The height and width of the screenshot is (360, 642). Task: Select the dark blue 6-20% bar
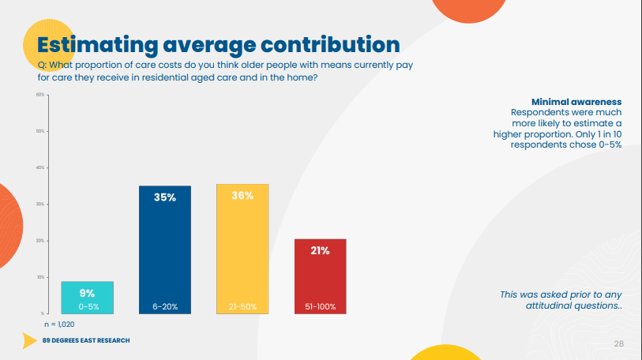[165, 253]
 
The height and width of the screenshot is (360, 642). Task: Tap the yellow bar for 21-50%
[242, 253]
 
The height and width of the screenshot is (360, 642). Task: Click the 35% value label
[165, 197]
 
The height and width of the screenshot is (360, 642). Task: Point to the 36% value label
[242, 196]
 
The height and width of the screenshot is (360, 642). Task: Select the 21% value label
[320, 251]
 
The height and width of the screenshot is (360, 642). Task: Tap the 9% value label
[88, 293]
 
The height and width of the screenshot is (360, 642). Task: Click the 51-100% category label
[320, 306]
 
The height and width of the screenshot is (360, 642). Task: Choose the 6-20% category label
[165, 306]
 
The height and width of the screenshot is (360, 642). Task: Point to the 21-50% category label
[242, 306]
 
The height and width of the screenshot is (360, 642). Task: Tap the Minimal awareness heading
[576, 103]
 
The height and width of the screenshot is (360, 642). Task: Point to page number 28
[619, 343]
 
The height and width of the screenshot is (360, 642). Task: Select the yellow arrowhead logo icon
[30, 340]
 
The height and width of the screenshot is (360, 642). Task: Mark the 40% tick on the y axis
[41, 168]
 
